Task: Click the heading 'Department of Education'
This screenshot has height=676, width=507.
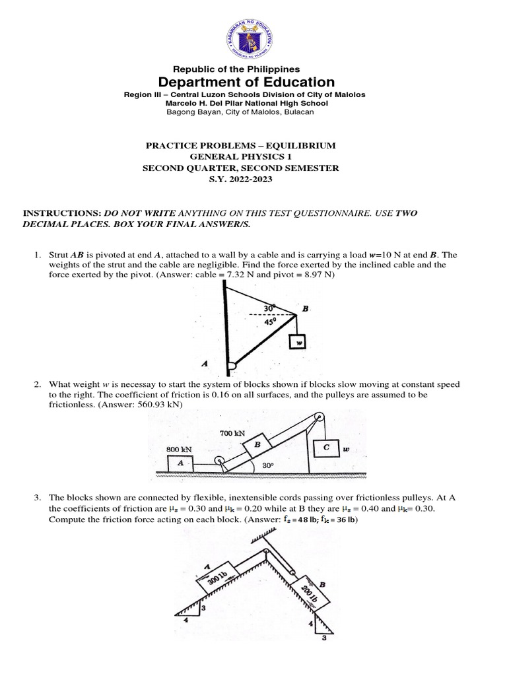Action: [246, 82]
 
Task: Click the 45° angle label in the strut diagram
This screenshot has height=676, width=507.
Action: [270, 322]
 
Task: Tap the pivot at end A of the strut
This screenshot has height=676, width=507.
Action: [230, 364]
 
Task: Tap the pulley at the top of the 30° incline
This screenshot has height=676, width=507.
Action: [319, 417]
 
